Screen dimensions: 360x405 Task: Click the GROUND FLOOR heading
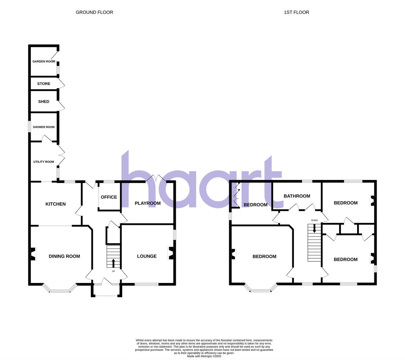click(x=94, y=12)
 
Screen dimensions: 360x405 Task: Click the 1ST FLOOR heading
click(x=296, y=12)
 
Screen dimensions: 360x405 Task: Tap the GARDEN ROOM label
click(x=44, y=61)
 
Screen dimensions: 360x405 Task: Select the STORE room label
click(x=44, y=84)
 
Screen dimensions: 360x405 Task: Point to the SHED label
click(x=44, y=102)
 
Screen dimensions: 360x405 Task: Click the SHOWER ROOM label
click(x=44, y=127)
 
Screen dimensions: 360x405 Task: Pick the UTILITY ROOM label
click(x=44, y=162)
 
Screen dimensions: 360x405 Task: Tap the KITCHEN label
click(x=56, y=204)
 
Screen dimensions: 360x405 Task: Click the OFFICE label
click(x=109, y=197)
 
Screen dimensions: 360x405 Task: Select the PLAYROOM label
click(x=147, y=203)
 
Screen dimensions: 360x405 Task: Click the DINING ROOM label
click(x=64, y=256)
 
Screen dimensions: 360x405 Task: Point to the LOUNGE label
click(x=147, y=256)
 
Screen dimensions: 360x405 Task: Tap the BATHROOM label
click(x=297, y=196)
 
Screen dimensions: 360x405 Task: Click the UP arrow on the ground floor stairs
click(x=113, y=263)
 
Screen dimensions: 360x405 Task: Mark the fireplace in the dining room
click(x=33, y=254)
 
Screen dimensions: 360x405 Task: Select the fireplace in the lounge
click(x=171, y=253)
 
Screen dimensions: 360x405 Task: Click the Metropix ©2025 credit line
click(x=204, y=356)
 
